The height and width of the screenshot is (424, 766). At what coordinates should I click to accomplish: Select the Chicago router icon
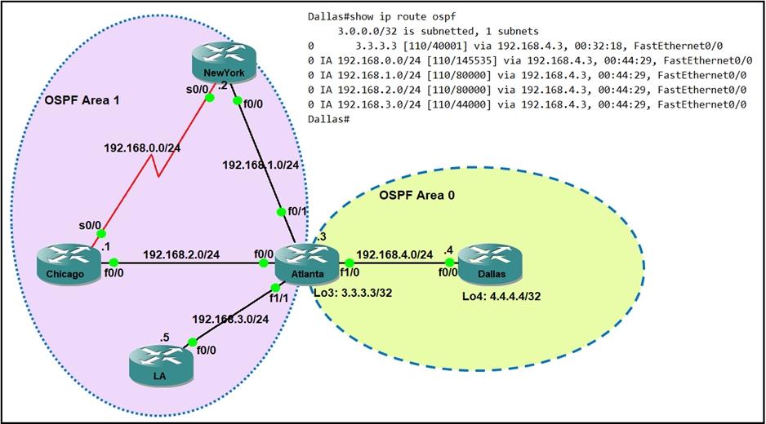pyautogui.click(x=67, y=267)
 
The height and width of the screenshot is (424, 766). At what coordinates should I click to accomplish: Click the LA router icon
pyautogui.click(x=159, y=365)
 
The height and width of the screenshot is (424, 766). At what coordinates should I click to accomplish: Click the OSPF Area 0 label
pyautogui.click(x=417, y=195)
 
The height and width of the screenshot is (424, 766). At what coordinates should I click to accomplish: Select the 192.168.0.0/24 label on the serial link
pyautogui.click(x=142, y=149)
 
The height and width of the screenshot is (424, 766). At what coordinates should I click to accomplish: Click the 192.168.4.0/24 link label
pyautogui.click(x=395, y=254)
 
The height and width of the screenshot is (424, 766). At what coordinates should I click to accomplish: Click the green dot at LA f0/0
pyautogui.click(x=193, y=342)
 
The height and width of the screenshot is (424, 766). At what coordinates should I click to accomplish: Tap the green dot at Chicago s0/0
pyautogui.click(x=101, y=233)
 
